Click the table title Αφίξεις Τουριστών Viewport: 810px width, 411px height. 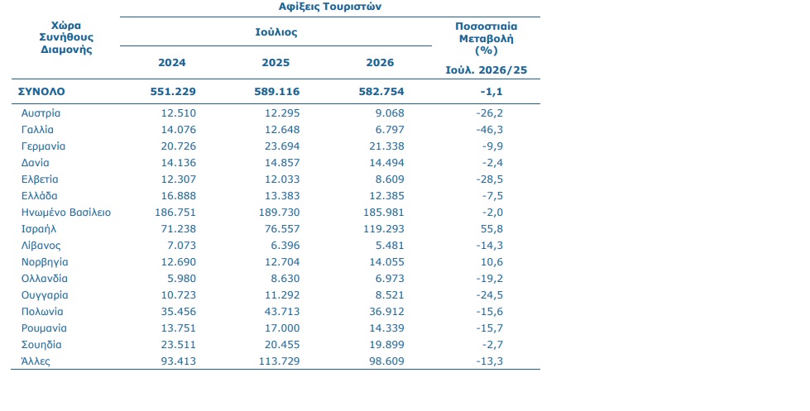(330, 7)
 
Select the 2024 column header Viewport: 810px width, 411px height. (172, 63)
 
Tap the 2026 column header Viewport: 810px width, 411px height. (381, 63)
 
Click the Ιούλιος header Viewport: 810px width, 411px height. (276, 32)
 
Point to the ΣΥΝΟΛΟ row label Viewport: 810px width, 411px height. (41, 92)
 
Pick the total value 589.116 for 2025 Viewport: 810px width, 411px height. (277, 92)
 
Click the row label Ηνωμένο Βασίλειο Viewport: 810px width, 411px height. (66, 213)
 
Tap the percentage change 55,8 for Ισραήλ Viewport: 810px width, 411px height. (491, 229)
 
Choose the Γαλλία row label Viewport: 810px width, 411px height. (37, 130)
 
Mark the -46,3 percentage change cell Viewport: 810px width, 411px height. (490, 130)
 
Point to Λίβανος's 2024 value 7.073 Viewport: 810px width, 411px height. (182, 246)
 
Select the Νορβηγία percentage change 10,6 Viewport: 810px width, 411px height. (491, 262)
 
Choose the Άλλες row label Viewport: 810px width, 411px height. (36, 361)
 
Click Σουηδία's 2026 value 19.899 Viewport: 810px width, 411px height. (386, 344)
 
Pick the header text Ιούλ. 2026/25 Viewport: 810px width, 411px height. (486, 70)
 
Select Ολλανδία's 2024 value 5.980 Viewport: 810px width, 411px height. (182, 279)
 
